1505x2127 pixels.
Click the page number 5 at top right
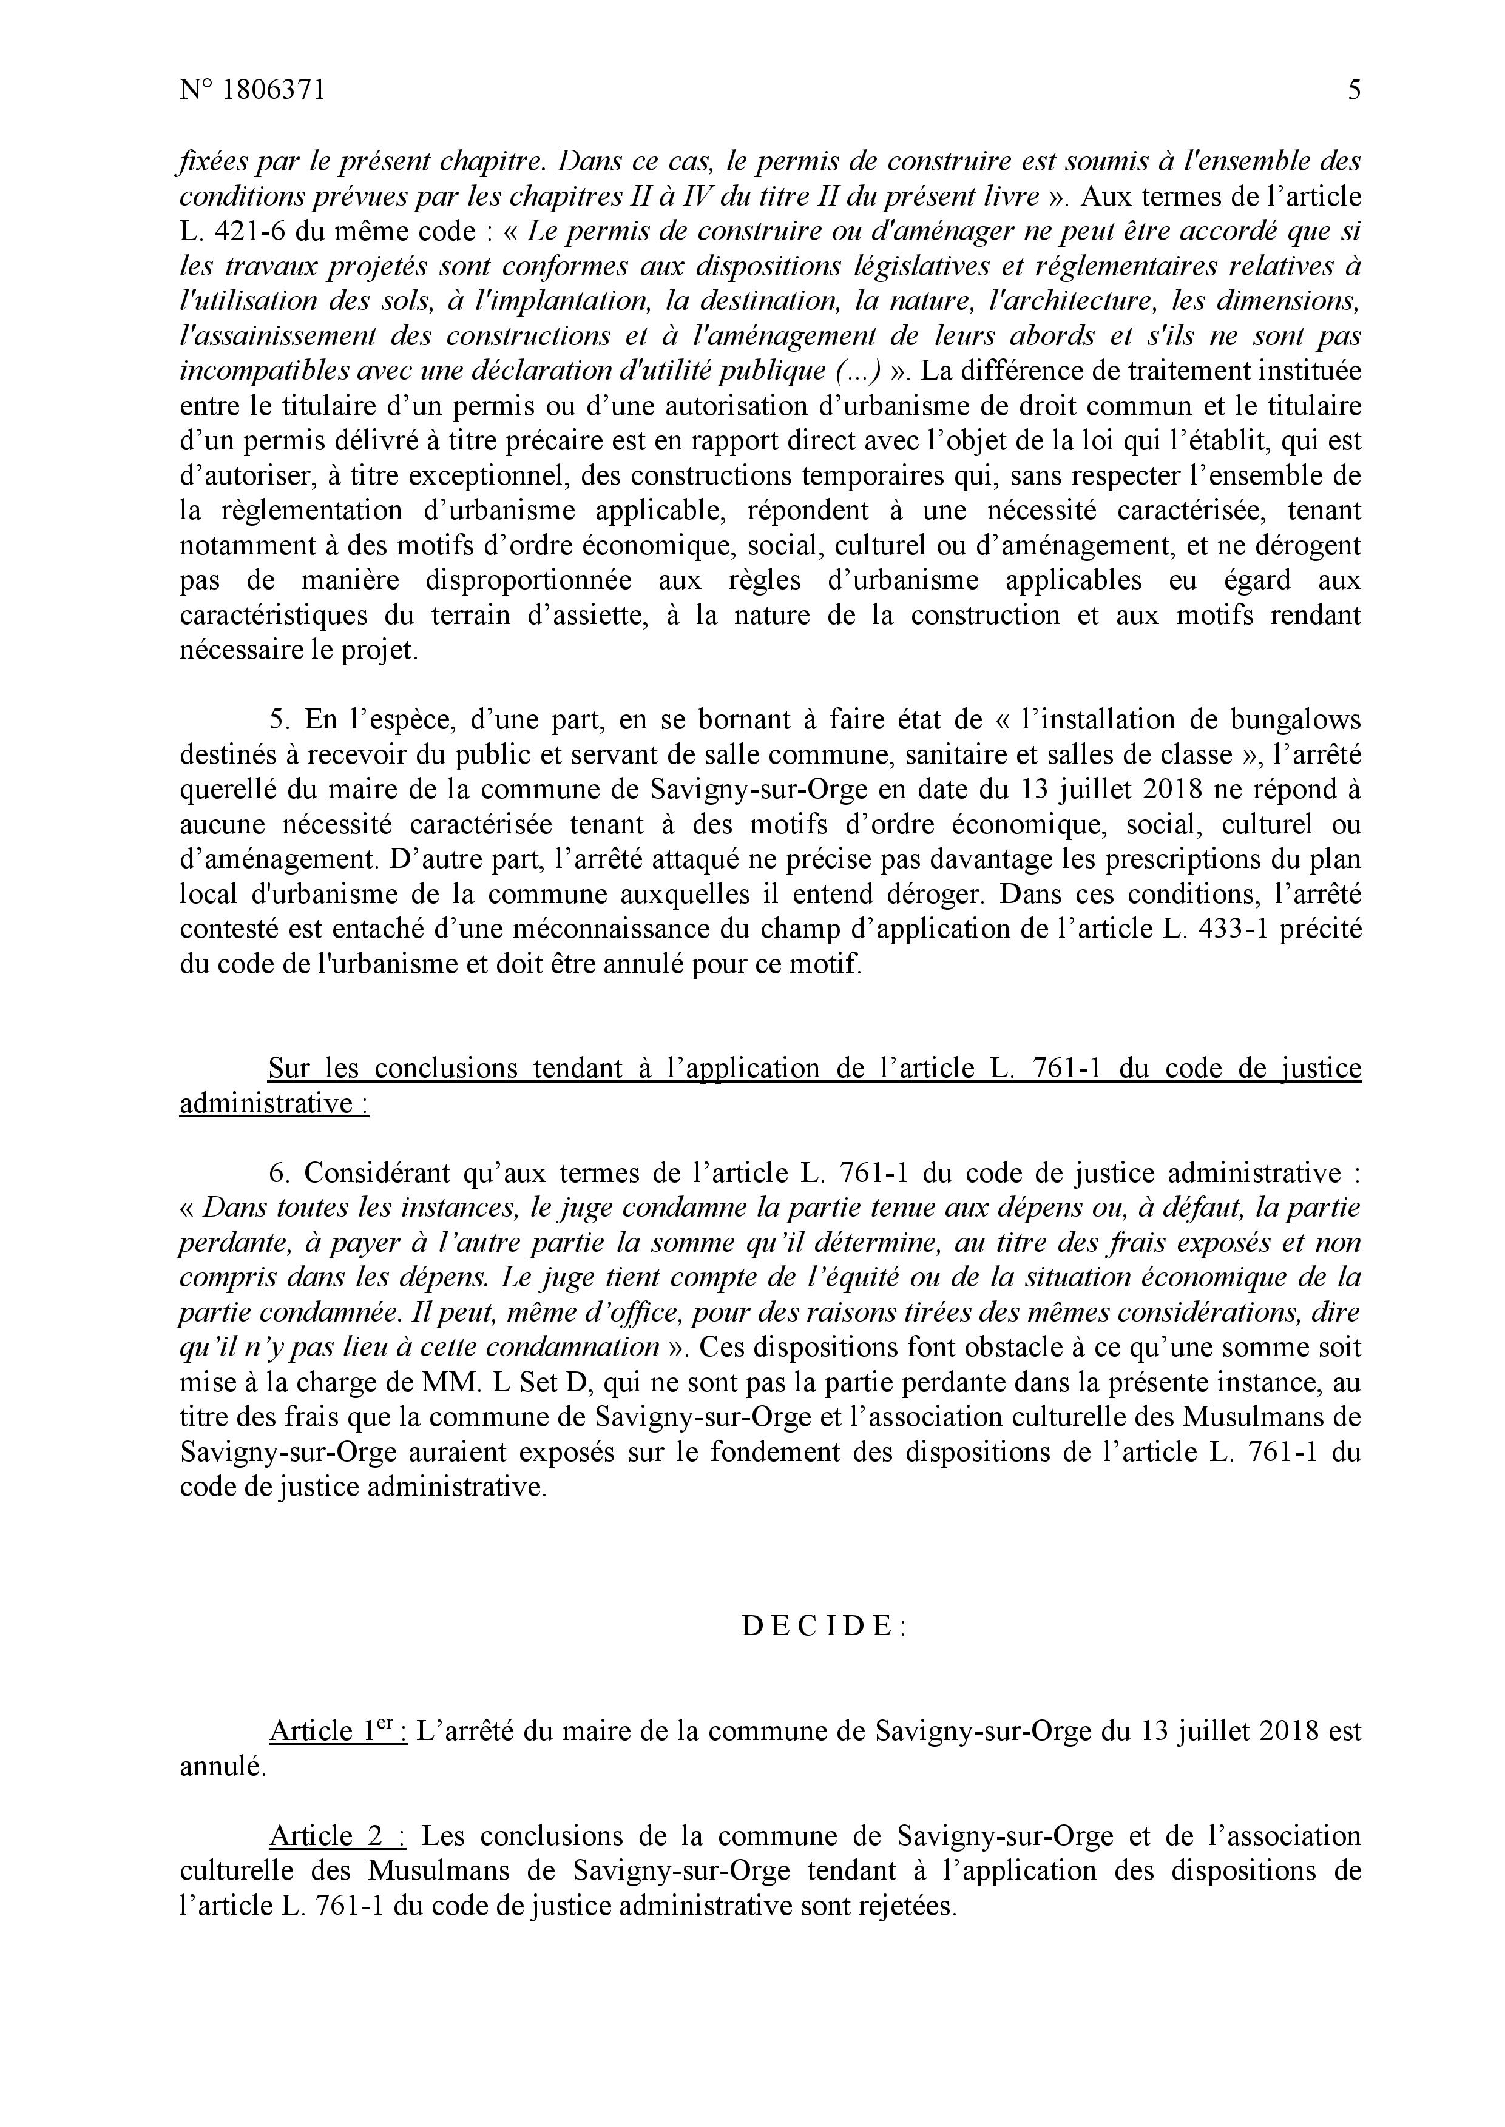(1354, 91)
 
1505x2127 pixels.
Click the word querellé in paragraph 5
(227, 790)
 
